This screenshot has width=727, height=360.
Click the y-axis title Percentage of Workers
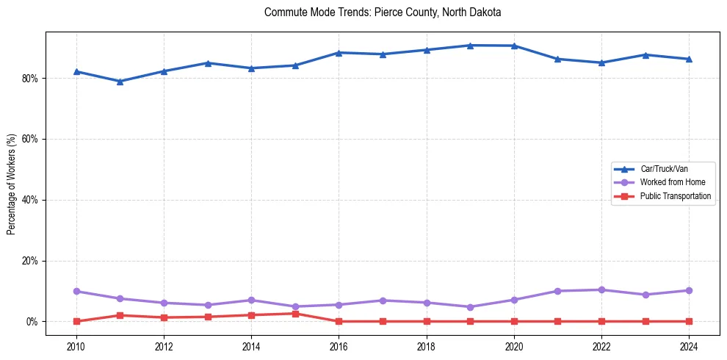pyautogui.click(x=12, y=184)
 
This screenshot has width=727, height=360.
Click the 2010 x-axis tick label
pyautogui.click(x=76, y=345)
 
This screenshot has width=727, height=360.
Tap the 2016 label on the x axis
pyautogui.click(x=339, y=345)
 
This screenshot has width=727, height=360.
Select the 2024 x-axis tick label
pyautogui.click(x=689, y=345)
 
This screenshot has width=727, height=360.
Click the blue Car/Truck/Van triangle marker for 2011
pyautogui.click(x=120, y=82)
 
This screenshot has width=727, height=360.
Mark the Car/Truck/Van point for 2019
pyautogui.click(x=470, y=46)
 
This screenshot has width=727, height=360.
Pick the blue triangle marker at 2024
pyautogui.click(x=689, y=59)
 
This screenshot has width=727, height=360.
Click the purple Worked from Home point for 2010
pyautogui.click(x=76, y=292)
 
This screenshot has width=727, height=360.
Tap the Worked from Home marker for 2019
pyautogui.click(x=470, y=307)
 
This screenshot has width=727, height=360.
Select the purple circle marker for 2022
pyautogui.click(x=601, y=290)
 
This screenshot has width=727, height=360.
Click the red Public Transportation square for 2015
pyautogui.click(x=295, y=314)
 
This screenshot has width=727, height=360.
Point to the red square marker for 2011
pyautogui.click(x=120, y=315)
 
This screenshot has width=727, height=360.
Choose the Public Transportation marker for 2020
pyautogui.click(x=514, y=321)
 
